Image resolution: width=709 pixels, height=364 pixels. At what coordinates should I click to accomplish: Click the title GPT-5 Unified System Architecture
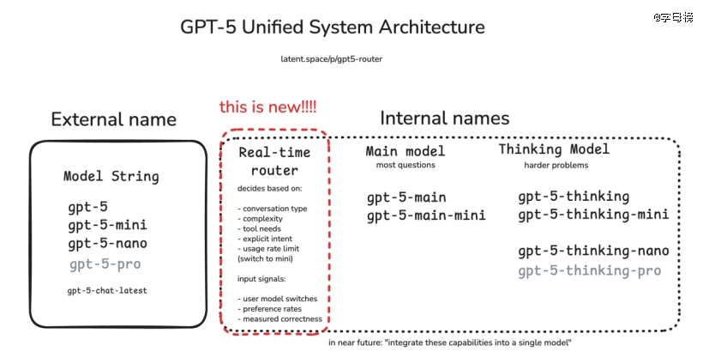[333, 27]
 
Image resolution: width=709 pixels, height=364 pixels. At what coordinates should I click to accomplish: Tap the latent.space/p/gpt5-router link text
[332, 59]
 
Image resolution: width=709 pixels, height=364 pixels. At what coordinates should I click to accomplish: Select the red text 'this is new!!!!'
[267, 106]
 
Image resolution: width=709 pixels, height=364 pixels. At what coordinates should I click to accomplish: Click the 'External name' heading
[113, 119]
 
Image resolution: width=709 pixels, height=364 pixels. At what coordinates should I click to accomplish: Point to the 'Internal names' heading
[444, 118]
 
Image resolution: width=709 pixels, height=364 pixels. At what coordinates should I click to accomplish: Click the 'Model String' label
[111, 176]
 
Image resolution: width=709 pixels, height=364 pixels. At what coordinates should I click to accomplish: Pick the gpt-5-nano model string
[108, 244]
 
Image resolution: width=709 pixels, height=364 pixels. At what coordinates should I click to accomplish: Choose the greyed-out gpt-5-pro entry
[105, 264]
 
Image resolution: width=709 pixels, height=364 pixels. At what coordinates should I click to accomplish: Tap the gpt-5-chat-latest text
[107, 291]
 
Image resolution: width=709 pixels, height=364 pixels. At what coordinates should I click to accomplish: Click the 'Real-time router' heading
[274, 161]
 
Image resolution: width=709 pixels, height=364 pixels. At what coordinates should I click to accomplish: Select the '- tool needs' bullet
[259, 228]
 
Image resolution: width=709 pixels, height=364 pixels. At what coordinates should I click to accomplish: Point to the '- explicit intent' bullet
[265, 239]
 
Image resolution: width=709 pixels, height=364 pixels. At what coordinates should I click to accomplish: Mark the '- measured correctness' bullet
[279, 318]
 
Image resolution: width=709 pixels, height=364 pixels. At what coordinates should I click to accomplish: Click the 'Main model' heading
[406, 151]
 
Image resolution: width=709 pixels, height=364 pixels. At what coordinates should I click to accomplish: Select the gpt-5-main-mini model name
[426, 215]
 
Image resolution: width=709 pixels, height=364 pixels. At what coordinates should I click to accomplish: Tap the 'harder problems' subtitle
[556, 165]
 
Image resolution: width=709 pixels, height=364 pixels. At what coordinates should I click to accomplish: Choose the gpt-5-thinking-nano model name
[594, 251]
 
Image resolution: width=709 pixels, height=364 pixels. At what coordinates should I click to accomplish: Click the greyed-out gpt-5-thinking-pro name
[590, 270]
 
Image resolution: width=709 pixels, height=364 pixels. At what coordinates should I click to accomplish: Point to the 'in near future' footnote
[450, 343]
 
